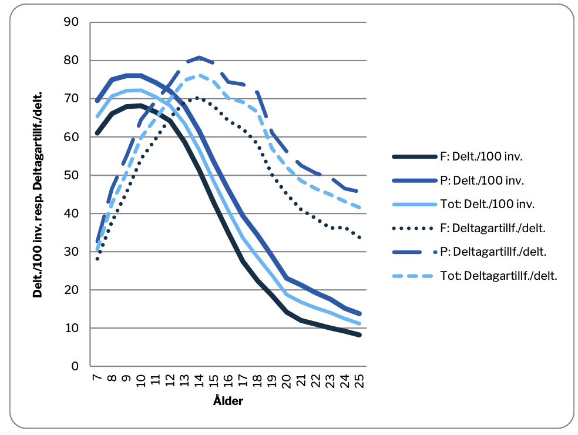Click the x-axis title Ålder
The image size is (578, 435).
(228, 402)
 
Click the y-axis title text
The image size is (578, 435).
(39, 195)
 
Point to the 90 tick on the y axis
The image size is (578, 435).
(71, 22)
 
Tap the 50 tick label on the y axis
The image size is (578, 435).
(71, 175)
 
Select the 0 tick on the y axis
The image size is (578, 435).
(75, 366)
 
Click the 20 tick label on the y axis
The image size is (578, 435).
(71, 290)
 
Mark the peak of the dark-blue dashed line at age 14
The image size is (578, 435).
(199, 58)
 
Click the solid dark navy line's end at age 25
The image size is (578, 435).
(359, 335)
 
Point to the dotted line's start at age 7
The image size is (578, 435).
(98, 259)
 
